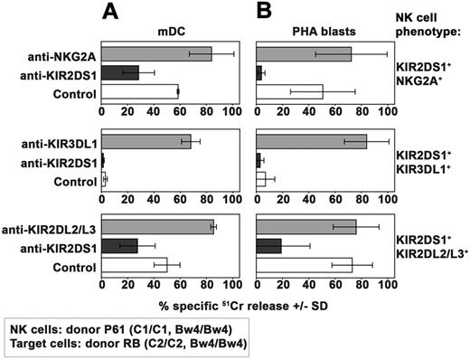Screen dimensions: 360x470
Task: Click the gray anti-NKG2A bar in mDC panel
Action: pyautogui.click(x=156, y=53)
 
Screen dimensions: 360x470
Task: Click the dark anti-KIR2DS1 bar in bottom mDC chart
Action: pyautogui.click(x=119, y=246)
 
